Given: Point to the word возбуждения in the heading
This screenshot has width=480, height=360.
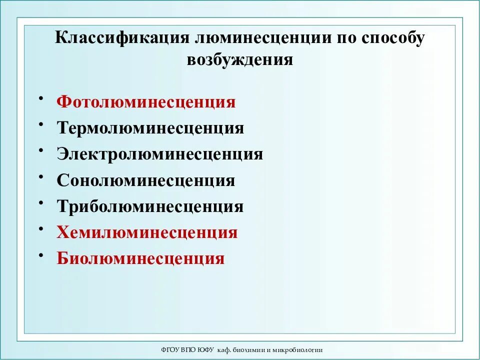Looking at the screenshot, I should click(x=239, y=59).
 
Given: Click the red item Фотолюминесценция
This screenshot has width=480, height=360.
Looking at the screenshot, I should click(x=146, y=102).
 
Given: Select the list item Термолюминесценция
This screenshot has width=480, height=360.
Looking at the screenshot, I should click(x=150, y=128).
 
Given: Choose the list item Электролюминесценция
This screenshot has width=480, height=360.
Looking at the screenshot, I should click(x=159, y=154).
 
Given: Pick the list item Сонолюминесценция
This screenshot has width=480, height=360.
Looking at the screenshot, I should click(x=145, y=180).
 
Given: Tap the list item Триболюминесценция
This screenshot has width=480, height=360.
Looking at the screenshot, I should click(x=150, y=206).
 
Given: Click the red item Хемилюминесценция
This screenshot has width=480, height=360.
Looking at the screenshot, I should click(x=147, y=232).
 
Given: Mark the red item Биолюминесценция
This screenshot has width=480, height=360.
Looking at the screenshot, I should click(x=140, y=258).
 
